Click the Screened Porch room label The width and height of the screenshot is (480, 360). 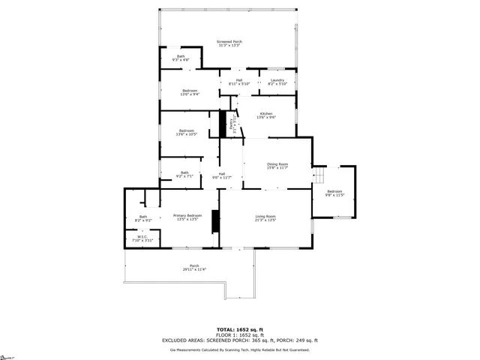(x=229, y=43)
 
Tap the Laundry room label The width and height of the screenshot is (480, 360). (x=277, y=82)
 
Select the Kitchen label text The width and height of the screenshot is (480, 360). (x=266, y=115)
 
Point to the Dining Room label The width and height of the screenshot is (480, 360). (x=277, y=166)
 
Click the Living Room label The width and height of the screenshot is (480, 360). (x=265, y=218)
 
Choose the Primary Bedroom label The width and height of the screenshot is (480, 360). (x=187, y=217)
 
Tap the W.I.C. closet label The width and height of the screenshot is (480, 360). (x=142, y=238)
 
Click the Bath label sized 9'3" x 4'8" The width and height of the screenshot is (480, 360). (x=181, y=58)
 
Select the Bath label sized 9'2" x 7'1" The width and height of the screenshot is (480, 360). (x=184, y=174)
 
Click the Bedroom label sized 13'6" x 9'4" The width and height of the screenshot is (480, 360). (x=189, y=92)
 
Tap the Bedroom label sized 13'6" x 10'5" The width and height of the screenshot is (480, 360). (x=187, y=133)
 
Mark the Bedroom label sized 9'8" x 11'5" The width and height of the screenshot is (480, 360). (x=334, y=193)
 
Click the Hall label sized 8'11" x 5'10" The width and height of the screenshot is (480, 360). (x=239, y=82)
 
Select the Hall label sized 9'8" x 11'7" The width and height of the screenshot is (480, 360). (x=222, y=175)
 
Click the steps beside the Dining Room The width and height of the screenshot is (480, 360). (x=319, y=176)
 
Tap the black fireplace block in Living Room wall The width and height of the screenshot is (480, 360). (x=216, y=223)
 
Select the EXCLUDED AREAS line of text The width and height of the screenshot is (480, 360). (x=240, y=340)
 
